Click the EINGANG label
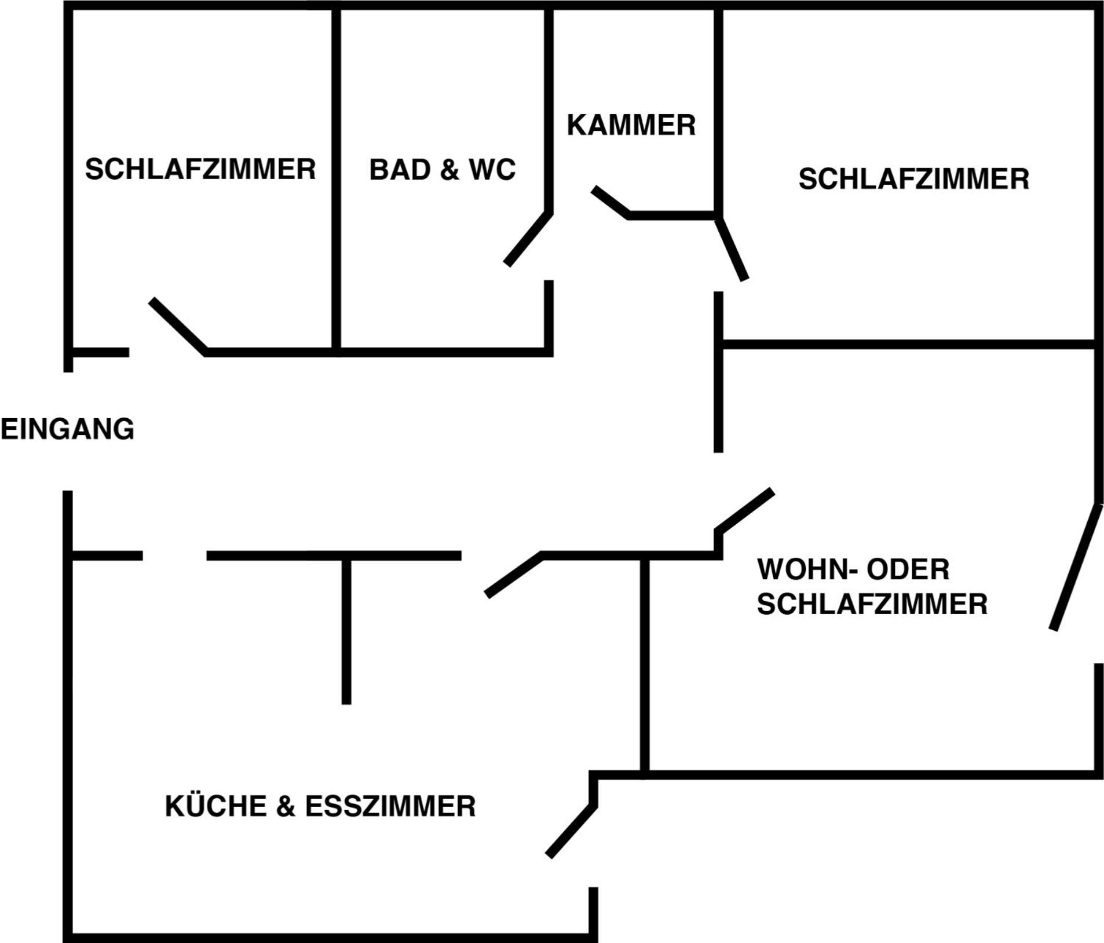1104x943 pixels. (68, 429)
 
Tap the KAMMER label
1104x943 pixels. (631, 125)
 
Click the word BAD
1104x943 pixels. (400, 170)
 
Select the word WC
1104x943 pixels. (492, 170)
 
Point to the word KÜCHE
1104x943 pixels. (215, 806)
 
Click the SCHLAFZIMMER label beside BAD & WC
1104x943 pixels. (200, 169)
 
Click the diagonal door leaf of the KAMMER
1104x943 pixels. (611, 202)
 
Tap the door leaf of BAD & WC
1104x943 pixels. (528, 239)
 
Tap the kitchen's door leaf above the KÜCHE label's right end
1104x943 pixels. (571, 831)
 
